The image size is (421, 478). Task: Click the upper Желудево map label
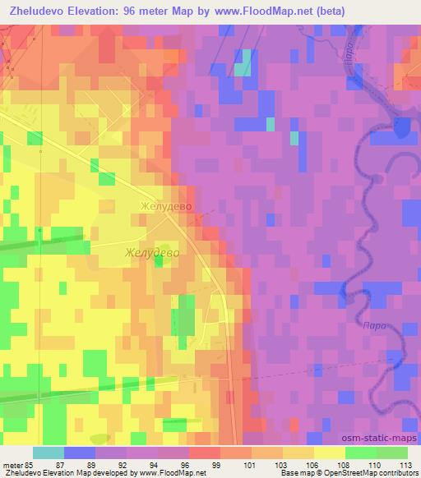(x=166, y=208)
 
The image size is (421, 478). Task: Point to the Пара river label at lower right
(x=372, y=326)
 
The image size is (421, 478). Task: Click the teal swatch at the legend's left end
(x=49, y=453)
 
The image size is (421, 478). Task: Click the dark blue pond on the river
(x=402, y=126)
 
